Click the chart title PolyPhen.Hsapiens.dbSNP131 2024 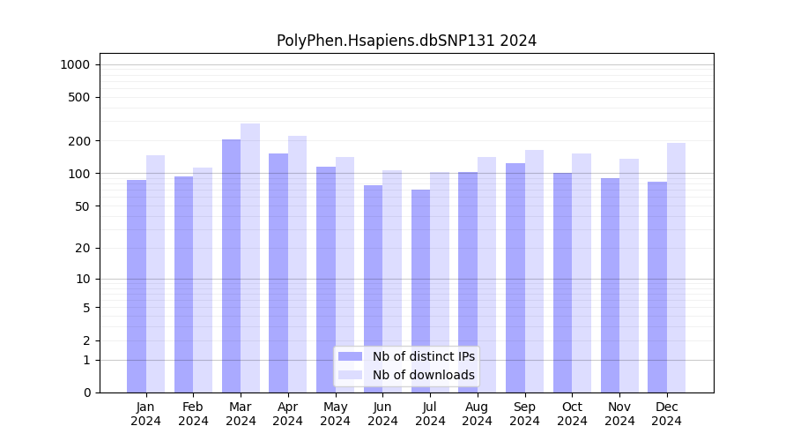(406, 41)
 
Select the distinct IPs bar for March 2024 (231, 265)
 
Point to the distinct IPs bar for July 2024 (420, 290)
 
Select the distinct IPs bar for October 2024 (562, 282)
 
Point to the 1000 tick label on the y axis (75, 64)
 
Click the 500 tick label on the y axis (80, 97)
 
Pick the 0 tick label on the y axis (87, 392)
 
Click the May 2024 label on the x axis (335, 414)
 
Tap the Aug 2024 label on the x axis (477, 414)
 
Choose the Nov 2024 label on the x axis (619, 414)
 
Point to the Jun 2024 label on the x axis (382, 414)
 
